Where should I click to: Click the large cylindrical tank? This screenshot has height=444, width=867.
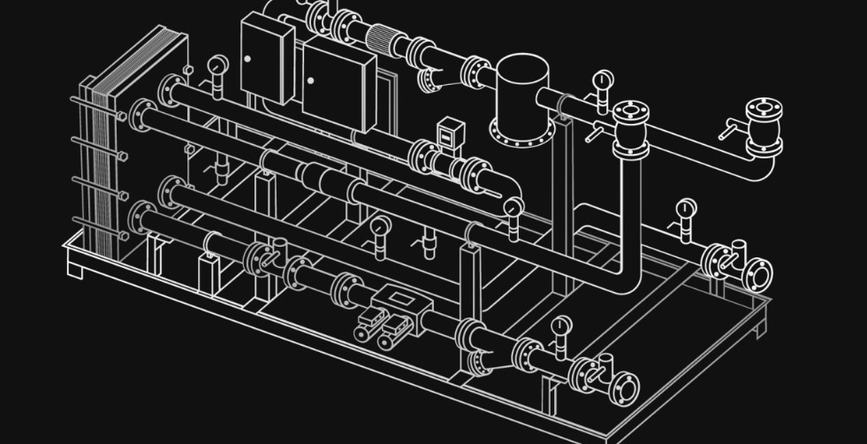click(x=523, y=97)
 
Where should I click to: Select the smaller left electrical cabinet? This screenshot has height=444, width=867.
click(x=268, y=60)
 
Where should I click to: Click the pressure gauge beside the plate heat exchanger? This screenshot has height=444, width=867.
click(x=217, y=65)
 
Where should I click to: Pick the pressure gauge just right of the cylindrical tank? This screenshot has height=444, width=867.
click(x=604, y=80)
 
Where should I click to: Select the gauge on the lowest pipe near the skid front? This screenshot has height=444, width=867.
click(x=560, y=326)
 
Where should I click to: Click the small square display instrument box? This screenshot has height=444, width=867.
click(x=449, y=133)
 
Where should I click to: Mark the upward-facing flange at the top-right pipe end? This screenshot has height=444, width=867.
click(x=762, y=111)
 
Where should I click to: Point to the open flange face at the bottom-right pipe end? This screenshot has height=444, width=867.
click(x=626, y=387)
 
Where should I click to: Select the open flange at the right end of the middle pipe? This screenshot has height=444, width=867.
click(x=759, y=274)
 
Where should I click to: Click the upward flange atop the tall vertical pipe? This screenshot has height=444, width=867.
click(x=628, y=112)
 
